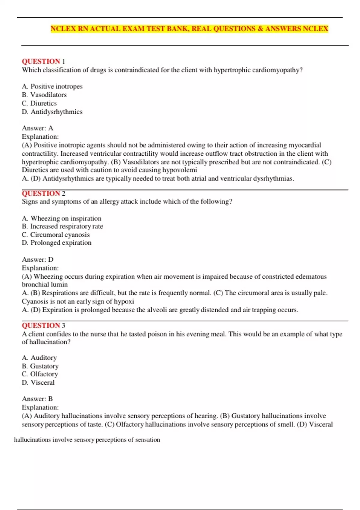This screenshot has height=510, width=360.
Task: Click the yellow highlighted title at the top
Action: [x=189, y=29]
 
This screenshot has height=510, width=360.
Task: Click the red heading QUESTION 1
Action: [x=43, y=61]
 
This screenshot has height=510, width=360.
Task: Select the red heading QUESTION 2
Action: [x=43, y=193]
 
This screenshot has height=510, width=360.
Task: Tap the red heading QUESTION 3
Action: [x=43, y=325]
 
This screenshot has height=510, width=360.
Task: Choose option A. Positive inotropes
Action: [x=52, y=86]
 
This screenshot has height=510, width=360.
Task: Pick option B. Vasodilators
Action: [x=44, y=95]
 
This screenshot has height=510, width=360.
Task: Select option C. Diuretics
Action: [x=39, y=103]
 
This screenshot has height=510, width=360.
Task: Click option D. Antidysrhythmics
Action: [x=52, y=112]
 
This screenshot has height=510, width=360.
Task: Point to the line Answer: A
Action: [x=37, y=128]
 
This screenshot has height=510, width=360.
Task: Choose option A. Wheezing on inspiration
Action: [x=61, y=218]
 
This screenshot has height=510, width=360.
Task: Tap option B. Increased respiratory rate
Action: [x=62, y=226]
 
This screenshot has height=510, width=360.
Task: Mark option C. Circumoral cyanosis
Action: [x=56, y=235]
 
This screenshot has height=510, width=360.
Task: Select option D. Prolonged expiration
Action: [x=57, y=242]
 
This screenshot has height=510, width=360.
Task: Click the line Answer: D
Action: [x=37, y=259]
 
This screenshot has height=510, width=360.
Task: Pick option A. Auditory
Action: [x=39, y=358]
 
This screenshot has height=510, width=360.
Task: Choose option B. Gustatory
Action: [x=40, y=366]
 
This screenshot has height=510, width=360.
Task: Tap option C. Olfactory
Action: [x=40, y=374]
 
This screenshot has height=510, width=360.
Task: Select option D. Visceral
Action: [x=38, y=382]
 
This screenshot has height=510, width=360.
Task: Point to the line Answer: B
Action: [x=37, y=399]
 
